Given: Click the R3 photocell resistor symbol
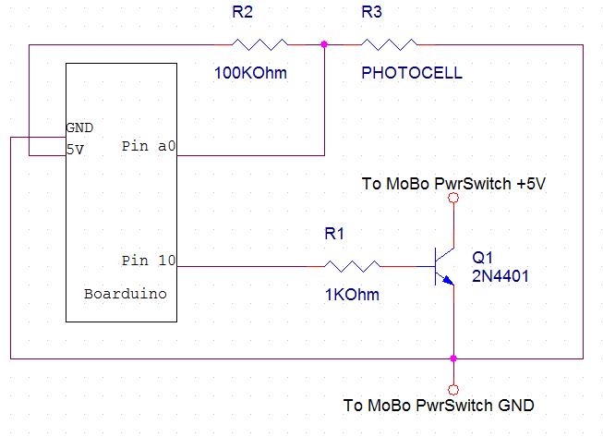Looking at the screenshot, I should point(389,43).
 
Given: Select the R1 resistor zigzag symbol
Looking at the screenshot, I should point(351,266).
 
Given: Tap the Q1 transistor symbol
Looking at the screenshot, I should point(443,266).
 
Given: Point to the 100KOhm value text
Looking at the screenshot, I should point(252,73).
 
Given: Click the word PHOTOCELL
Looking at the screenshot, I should point(411,73).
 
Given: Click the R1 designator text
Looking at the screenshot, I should point(333,235).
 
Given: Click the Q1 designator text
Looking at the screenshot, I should point(483,256).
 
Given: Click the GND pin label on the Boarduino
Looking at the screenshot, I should point(79,127).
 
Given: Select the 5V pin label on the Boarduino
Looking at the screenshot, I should point(75,147).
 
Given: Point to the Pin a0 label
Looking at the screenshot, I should point(148,147).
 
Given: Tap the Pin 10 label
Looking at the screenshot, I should point(148,261).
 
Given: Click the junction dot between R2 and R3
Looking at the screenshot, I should point(324,43).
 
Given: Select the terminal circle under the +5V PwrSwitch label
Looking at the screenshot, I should point(452,198).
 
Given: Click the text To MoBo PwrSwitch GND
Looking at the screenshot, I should point(438,406).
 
